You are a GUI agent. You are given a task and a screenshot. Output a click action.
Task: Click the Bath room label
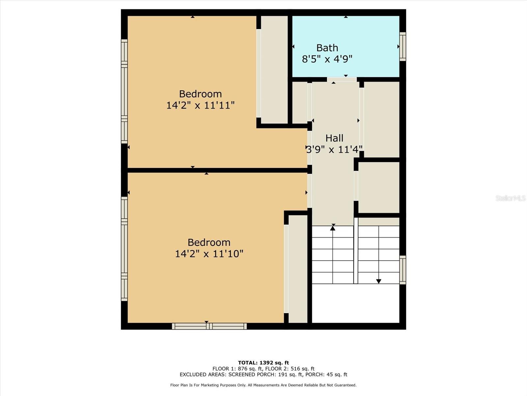coord(327,48)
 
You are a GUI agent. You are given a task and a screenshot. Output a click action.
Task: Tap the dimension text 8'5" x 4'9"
coord(327,59)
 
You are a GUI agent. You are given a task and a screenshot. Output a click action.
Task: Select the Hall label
coord(334,138)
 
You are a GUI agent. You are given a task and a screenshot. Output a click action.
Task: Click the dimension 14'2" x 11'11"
coord(200,105)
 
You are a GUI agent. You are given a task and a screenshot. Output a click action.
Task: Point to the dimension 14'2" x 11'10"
coord(209,254)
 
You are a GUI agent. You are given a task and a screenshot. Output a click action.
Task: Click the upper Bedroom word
coord(200,94)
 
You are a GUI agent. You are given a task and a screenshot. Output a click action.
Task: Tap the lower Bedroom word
coord(209,242)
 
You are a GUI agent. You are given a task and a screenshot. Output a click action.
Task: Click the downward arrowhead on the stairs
coord(379,281)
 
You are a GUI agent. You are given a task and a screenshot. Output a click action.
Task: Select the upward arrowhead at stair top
coord(333,227)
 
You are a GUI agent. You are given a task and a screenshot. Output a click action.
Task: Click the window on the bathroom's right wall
coord(402,47)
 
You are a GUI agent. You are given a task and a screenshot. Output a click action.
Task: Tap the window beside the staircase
coord(402,270)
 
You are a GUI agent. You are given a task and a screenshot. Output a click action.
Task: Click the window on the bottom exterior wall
coord(209,326)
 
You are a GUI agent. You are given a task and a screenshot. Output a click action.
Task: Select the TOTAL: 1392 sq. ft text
coord(263,363)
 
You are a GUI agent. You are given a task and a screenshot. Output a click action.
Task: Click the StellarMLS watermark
coord(511,198)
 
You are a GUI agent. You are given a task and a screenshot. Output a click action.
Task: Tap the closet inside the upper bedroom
coord(274,69)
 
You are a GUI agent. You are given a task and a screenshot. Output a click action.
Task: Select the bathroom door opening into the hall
coord(342,80)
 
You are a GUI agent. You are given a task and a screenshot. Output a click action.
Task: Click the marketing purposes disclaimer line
coord(263,385)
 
